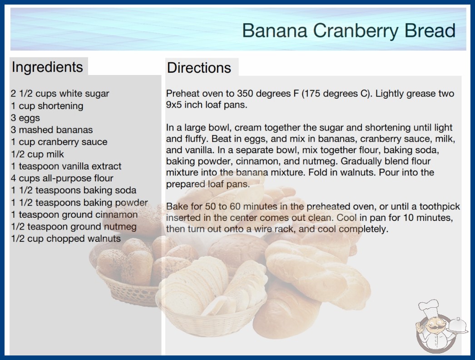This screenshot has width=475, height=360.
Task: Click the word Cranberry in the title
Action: [x=356, y=30]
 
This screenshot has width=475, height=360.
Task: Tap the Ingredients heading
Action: [x=47, y=67]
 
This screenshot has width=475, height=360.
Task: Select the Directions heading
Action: [x=199, y=68]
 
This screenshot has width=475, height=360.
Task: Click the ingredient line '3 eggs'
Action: [x=25, y=118]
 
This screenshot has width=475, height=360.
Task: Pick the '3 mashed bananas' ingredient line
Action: [x=52, y=130]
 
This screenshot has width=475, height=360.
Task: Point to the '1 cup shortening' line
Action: [x=47, y=106]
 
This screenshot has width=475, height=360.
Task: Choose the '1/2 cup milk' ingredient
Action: [x=38, y=154]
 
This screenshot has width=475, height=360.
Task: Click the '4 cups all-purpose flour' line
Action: [x=62, y=178]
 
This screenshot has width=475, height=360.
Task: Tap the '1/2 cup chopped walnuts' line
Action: [x=66, y=238]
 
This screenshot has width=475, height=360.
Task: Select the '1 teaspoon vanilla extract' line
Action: [x=66, y=166]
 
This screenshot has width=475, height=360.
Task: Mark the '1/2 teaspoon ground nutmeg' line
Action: [x=74, y=226]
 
